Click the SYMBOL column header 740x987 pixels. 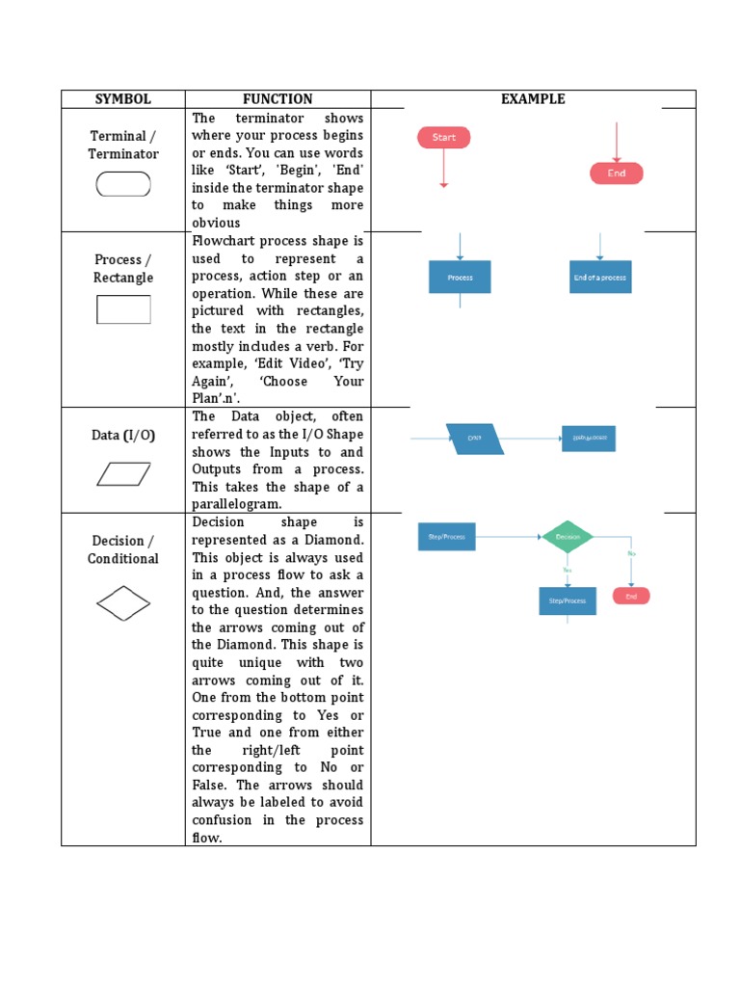(123, 99)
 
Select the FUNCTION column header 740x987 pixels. (277, 99)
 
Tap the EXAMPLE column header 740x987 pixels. (533, 99)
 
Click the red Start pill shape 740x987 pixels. (443, 137)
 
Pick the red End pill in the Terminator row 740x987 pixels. (616, 173)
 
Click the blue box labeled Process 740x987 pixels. (460, 277)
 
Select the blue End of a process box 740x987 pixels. (599, 277)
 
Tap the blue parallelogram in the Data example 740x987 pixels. (474, 439)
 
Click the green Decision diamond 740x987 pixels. (568, 537)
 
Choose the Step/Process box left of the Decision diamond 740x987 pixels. (446, 537)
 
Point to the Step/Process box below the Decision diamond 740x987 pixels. (567, 600)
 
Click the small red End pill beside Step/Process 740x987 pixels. (631, 597)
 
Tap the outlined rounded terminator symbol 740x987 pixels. (123, 184)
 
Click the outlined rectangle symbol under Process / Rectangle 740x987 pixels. (123, 309)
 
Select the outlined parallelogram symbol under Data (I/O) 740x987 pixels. (123, 474)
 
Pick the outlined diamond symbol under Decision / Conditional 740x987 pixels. (123, 604)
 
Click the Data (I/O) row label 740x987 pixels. (123, 435)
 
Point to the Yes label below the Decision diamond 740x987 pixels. (567, 569)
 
